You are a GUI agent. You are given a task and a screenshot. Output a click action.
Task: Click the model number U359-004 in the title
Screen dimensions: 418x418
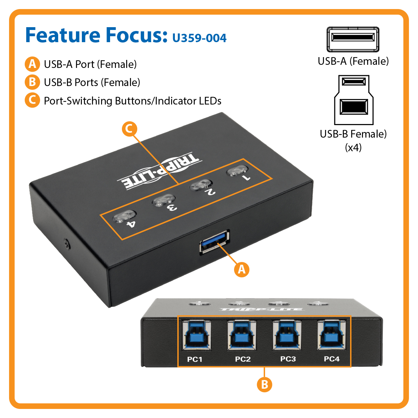199,38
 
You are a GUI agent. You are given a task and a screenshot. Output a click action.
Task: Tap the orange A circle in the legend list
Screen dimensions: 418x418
32,64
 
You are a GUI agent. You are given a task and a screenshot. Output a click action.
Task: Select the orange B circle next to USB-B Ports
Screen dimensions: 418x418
32,82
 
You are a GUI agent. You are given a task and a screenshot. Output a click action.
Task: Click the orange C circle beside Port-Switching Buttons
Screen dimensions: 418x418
32,100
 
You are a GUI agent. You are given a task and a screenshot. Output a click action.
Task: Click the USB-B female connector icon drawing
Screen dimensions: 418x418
354,100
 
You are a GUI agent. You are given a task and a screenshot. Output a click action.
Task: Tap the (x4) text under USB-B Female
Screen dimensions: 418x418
353,148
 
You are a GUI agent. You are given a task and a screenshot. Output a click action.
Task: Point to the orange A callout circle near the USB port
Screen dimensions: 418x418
242,269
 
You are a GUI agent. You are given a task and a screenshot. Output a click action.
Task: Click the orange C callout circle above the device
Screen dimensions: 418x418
129,129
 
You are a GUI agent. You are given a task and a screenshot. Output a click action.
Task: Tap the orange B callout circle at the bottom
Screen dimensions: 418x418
264,385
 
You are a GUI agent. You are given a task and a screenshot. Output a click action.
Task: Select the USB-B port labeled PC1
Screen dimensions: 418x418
197,335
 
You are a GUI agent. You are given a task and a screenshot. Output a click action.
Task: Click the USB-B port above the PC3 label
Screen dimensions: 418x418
287,335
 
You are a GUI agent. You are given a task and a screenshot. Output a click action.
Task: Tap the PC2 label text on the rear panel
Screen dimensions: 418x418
243,359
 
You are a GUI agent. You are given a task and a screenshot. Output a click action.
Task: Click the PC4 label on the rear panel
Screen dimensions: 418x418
332,359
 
